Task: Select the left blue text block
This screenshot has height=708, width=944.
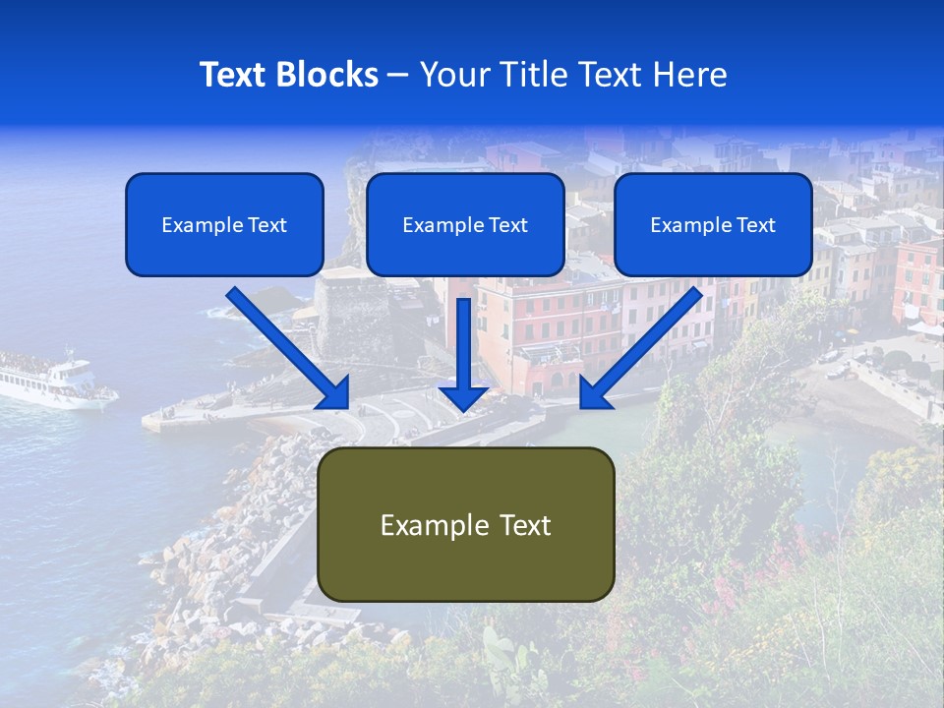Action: pos(224,224)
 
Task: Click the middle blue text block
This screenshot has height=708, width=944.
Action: pos(465,224)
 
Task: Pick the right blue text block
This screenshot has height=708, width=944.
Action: pos(713,224)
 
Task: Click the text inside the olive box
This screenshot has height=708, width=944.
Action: pos(465,525)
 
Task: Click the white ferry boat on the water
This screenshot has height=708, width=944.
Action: pos(54,379)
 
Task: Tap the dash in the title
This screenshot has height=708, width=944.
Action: pos(398,75)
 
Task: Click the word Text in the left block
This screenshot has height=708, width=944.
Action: pos(266,225)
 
